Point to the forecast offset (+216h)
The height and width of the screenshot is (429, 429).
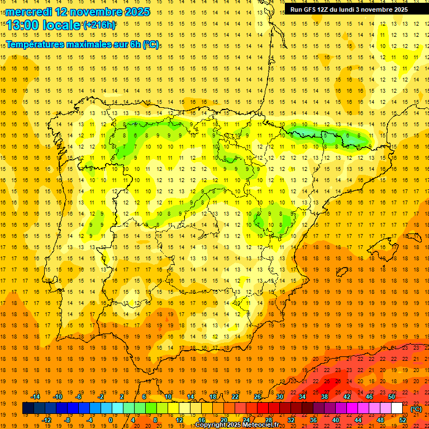(x=99, y=25)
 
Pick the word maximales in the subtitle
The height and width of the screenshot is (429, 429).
(x=89, y=44)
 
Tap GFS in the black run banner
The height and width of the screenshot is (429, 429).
(x=309, y=9)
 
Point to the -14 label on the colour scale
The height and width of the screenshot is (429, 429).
(x=35, y=397)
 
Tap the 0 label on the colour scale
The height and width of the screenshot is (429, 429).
(x=110, y=420)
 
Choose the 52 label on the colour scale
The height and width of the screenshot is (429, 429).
(x=403, y=420)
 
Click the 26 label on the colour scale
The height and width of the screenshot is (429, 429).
(x=258, y=397)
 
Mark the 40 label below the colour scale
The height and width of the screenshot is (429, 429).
(x=336, y=420)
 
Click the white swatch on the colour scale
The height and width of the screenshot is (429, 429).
(x=397, y=408)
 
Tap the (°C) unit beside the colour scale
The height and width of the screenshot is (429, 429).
(x=417, y=409)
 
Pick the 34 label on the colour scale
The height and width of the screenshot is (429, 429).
(x=302, y=397)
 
